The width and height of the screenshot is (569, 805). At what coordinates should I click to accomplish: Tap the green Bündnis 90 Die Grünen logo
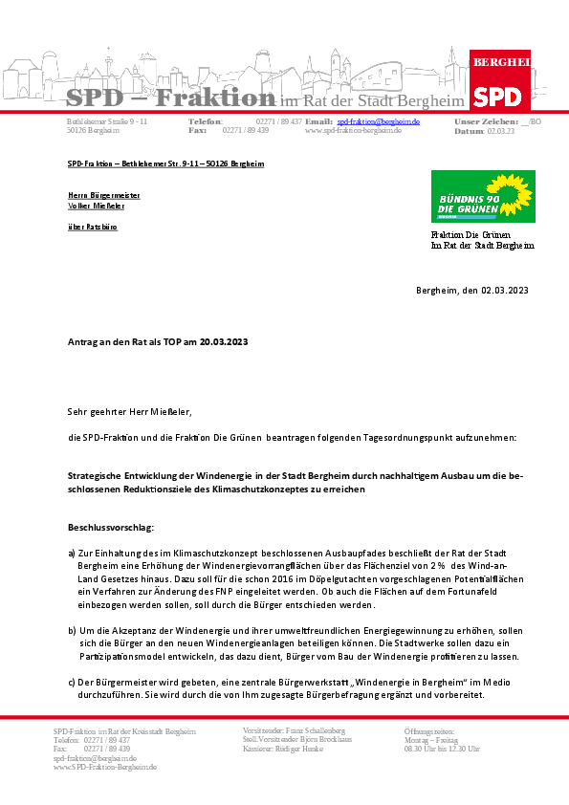482,197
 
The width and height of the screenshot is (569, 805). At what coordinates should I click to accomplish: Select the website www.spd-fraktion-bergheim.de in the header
353,131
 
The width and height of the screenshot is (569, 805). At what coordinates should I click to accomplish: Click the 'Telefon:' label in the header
206,122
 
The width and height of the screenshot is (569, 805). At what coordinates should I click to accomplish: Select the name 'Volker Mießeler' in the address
96,206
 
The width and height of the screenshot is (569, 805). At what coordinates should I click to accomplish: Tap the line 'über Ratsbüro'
92,227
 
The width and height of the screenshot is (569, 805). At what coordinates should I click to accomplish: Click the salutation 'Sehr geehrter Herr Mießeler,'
129,412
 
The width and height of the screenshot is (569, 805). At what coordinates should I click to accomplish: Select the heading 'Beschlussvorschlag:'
110,527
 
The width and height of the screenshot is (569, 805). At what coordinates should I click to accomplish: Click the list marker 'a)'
72,554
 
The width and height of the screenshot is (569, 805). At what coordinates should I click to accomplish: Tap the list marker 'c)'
72,681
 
